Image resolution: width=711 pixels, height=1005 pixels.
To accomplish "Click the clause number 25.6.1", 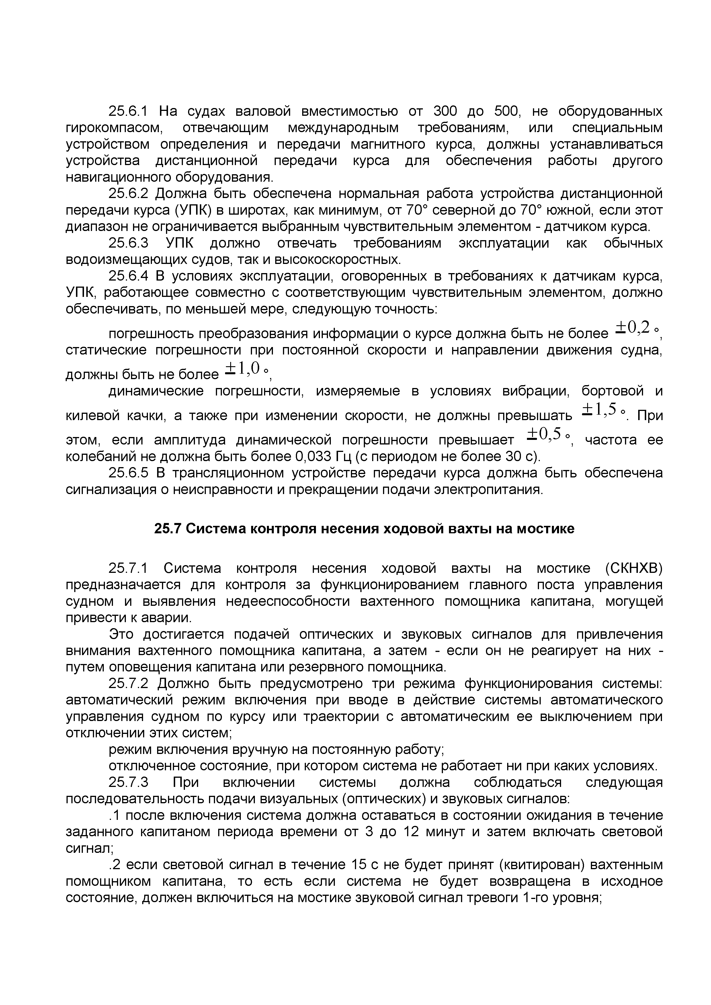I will pos(129,111).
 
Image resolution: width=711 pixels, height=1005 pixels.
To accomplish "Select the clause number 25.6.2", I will pos(129,193).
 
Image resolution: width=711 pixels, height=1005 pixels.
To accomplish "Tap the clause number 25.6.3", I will pos(129,243).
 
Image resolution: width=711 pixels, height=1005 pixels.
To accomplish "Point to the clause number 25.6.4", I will pos(129,276).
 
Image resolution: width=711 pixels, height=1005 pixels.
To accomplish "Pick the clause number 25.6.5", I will pos(129,473).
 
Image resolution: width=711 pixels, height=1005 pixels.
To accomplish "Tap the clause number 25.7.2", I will pos(129,684).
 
